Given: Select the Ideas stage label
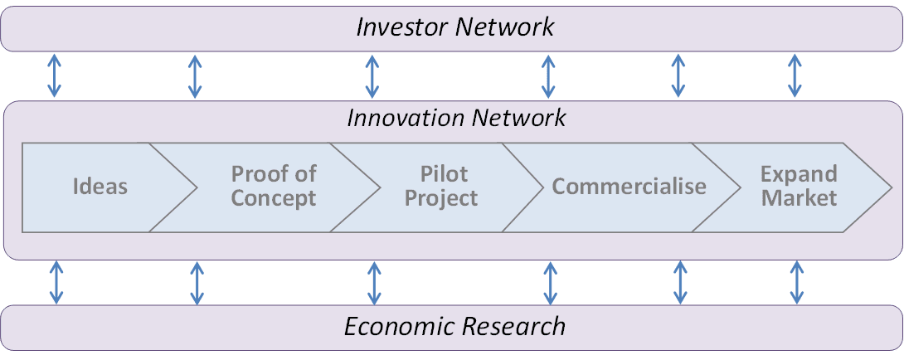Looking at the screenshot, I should pyautogui.click(x=100, y=186).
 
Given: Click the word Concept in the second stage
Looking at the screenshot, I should pyautogui.click(x=274, y=198).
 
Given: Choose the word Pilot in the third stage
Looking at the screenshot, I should pyautogui.click(x=444, y=174).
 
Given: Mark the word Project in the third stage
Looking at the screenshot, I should pyautogui.click(x=444, y=198).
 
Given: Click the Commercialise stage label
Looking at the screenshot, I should pyautogui.click(x=629, y=186).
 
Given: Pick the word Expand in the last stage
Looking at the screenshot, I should pyautogui.click(x=799, y=174).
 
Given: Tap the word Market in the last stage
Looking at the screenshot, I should pyautogui.click(x=799, y=198).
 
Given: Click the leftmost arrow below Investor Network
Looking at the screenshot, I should pyautogui.click(x=55, y=76).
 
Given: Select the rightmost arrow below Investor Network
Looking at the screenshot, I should pyautogui.click(x=795, y=76).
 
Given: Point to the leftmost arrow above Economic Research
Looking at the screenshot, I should pyautogui.click(x=56, y=282).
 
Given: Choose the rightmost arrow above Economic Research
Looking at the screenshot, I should pyautogui.click(x=796, y=282).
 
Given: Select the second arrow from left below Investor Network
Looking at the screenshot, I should pyautogui.click(x=195, y=76).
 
